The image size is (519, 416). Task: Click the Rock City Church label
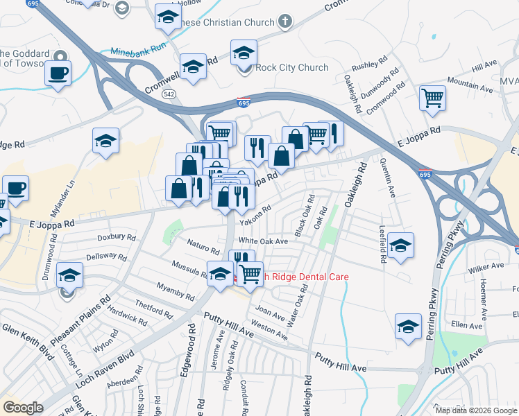pyautogui.click(x=291, y=67)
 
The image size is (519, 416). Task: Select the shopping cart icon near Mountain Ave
pyautogui.click(x=432, y=98)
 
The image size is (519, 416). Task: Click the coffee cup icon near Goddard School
pyautogui.click(x=58, y=72)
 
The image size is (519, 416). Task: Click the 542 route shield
pyautogui.click(x=168, y=93)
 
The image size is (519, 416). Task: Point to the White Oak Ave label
pyautogui.click(x=264, y=241)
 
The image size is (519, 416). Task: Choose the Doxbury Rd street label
pyautogui.click(x=116, y=236)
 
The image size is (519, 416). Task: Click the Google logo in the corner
pyautogui.click(x=23, y=407)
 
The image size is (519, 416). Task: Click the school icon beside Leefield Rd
pyautogui.click(x=400, y=246)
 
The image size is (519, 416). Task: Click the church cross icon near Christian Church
pyautogui.click(x=284, y=21)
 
